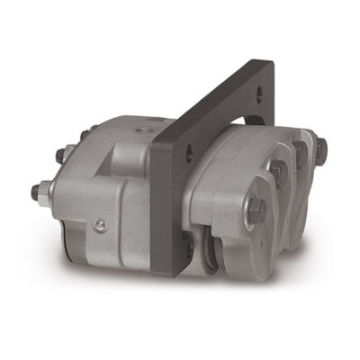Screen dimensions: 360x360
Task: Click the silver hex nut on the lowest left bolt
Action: pos(45,190)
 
